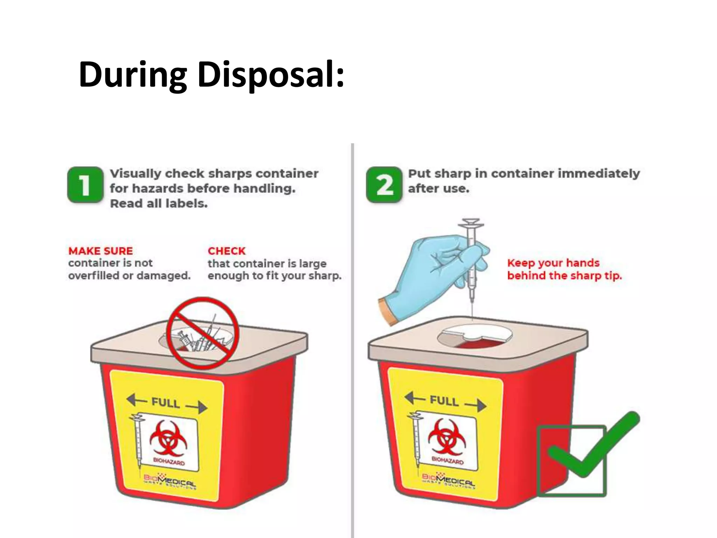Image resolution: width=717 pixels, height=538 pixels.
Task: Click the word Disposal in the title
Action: coord(271,74)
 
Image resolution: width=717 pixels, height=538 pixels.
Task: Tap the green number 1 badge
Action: coord(85,185)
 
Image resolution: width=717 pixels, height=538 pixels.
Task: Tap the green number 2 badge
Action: coord(384,185)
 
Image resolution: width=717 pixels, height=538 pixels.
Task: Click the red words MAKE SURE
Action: coord(100,251)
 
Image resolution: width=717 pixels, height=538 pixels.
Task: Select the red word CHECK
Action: coord(227,251)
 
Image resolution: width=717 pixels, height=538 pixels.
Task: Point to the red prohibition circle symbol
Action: coord(202,333)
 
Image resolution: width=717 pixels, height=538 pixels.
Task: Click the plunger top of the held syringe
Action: coord(471,222)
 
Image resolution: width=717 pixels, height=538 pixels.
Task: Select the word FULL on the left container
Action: coord(166,403)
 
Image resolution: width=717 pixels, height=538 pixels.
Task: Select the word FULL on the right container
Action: coord(444,401)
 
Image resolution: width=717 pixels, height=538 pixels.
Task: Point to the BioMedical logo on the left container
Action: coord(170,482)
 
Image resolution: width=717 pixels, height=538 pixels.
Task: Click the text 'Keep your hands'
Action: coord(553,263)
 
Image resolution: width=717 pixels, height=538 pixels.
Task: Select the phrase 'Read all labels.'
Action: coord(159,204)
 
